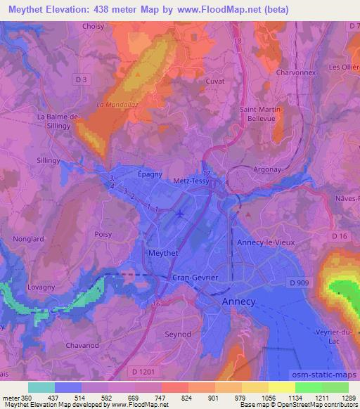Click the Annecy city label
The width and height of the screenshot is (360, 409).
[x=238, y=301]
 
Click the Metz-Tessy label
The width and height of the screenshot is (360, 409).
[x=193, y=181]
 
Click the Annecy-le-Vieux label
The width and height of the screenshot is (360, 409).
[x=283, y=243]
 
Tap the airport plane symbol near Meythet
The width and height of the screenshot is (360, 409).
[x=180, y=214]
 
